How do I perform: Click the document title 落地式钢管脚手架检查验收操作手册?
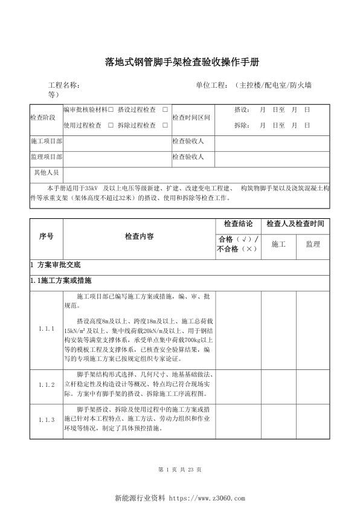point(174,62)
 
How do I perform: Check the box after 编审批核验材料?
point(111,110)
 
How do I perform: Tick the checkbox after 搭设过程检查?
point(165,110)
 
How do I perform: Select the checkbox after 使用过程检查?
point(111,125)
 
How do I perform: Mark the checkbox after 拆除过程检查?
point(165,125)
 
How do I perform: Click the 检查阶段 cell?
point(43,118)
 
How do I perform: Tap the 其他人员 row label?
point(46,172)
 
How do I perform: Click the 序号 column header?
point(46,236)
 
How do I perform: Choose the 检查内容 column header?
point(139,236)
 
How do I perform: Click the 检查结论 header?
point(238,224)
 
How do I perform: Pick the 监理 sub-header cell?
point(312,244)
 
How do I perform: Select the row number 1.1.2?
point(46,384)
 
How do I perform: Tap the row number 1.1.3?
point(46,419)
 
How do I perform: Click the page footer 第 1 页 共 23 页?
point(179,469)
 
